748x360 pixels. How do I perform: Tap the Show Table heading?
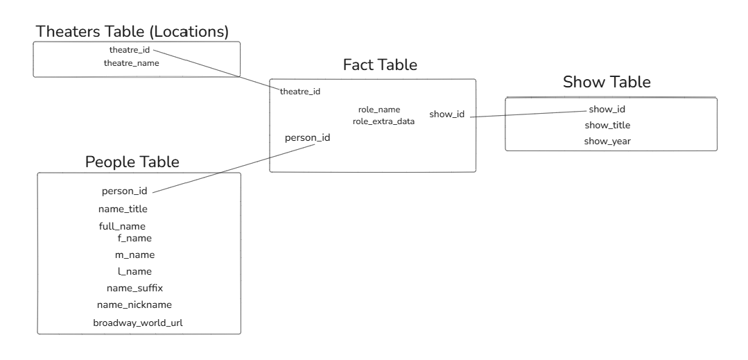pyautogui.click(x=607, y=82)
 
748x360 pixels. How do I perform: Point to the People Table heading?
pyautogui.click(x=132, y=162)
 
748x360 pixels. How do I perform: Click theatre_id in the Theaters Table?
pyautogui.click(x=129, y=50)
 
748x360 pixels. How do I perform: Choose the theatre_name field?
pyautogui.click(x=131, y=63)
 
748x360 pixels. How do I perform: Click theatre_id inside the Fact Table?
pyautogui.click(x=300, y=92)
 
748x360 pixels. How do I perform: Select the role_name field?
pyautogui.click(x=379, y=110)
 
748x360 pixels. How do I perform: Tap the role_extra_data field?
pyautogui.click(x=383, y=121)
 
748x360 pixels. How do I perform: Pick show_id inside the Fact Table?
pyautogui.click(x=446, y=114)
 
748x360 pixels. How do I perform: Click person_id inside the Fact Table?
pyautogui.click(x=307, y=137)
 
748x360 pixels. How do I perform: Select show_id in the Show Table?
pyautogui.click(x=607, y=110)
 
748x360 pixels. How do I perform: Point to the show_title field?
pyautogui.click(x=607, y=126)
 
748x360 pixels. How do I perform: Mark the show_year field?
pyautogui.click(x=607, y=142)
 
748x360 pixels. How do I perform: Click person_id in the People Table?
pyautogui.click(x=124, y=191)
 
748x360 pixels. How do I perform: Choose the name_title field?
pyautogui.click(x=123, y=209)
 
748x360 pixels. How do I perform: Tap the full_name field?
pyautogui.click(x=122, y=227)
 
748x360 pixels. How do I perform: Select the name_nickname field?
pyautogui.click(x=134, y=305)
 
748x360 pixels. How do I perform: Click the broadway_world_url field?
pyautogui.click(x=137, y=323)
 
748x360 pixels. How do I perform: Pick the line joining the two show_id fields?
pyautogui.click(x=527, y=114)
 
